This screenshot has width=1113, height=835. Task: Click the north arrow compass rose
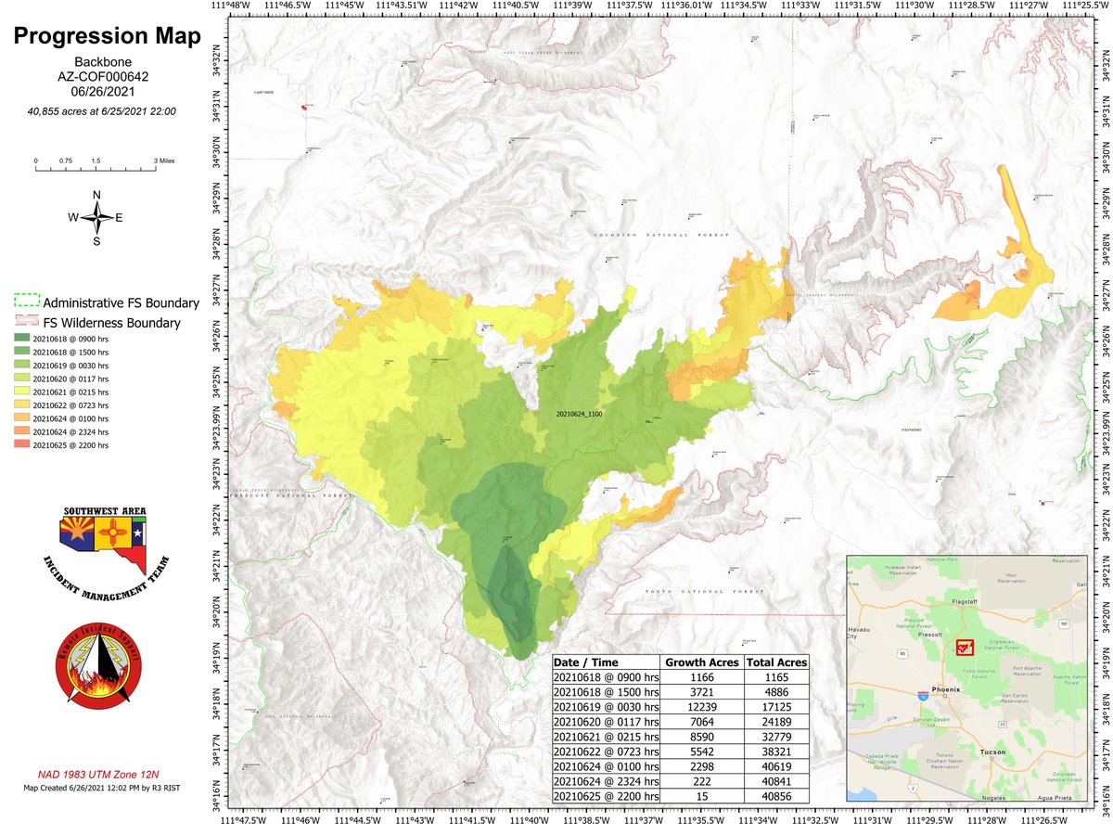(x=96, y=217)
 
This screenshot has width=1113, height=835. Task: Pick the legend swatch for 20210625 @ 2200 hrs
(x=22, y=445)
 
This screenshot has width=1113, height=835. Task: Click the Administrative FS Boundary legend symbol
(x=26, y=302)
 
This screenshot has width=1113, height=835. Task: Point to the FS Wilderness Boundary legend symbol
(x=26, y=323)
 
